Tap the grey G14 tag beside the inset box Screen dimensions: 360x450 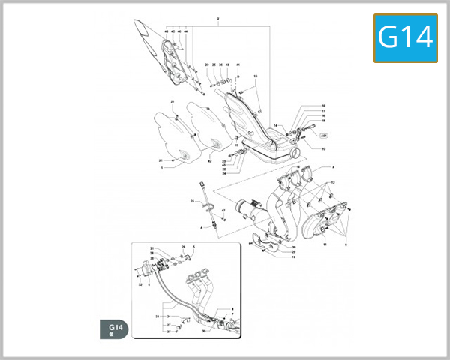point(115,328)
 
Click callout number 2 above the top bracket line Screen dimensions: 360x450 point(217,18)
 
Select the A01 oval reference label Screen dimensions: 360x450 point(325,137)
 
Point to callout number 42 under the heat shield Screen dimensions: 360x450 point(210,161)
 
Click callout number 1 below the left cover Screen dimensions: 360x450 point(161,168)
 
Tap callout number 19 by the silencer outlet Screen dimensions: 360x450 point(324,149)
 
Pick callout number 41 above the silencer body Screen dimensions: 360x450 point(238,65)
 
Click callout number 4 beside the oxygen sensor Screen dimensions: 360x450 point(201,226)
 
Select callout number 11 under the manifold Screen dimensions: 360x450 point(325,244)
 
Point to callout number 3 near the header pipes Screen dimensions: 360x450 point(333,167)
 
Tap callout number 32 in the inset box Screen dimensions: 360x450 point(139,285)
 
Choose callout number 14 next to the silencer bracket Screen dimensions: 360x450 point(275,125)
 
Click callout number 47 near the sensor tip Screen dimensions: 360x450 point(223,211)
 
